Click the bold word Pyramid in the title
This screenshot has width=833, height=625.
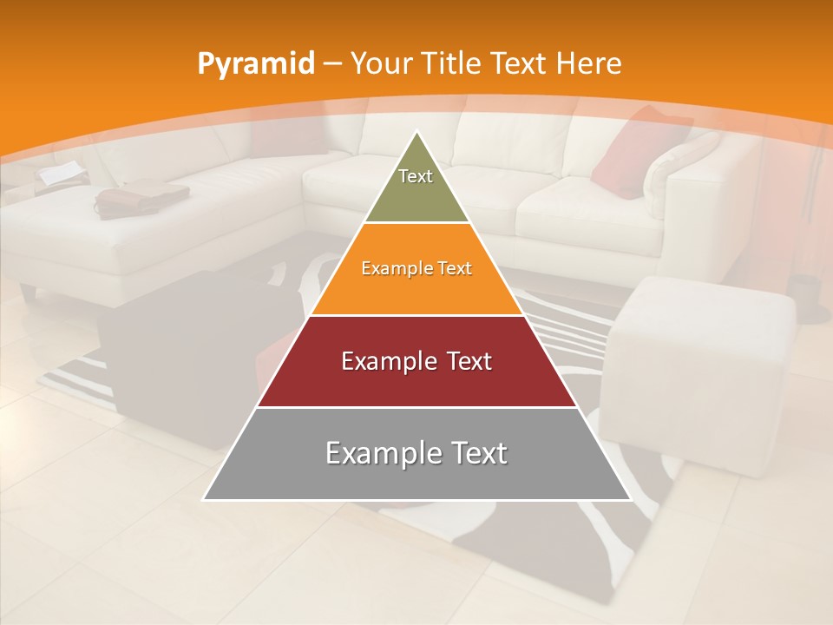pyautogui.click(x=256, y=64)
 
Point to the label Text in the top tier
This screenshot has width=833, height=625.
pyautogui.click(x=416, y=176)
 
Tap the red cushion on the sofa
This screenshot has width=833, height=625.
pyautogui.click(x=638, y=152)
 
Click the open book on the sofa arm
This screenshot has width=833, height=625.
pyautogui.click(x=62, y=174)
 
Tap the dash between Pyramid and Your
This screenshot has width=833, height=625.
pyautogui.click(x=331, y=64)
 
